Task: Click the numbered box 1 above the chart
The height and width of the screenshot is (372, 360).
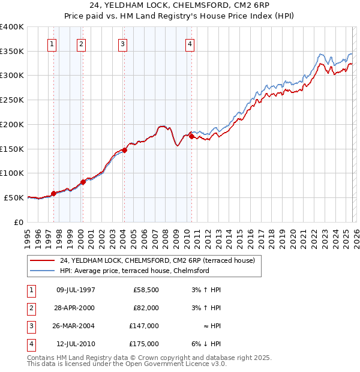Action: coord(52,43)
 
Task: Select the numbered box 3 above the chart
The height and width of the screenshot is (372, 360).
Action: coord(122,43)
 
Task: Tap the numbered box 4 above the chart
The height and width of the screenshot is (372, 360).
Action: coord(189,43)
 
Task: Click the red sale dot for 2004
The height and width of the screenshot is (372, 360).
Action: coord(125,150)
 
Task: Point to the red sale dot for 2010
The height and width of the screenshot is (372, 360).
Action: coord(191,136)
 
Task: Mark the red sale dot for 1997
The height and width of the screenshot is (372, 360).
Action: coord(54,193)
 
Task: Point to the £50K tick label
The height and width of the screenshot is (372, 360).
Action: coord(14,197)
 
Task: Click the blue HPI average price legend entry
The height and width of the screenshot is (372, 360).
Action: coord(134,271)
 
